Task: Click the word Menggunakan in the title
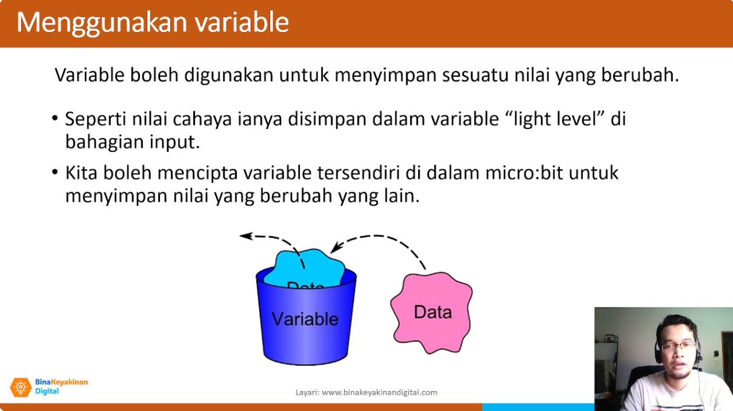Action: [x=102, y=23]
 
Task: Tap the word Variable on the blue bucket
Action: [x=305, y=319]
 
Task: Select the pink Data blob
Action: [x=431, y=313]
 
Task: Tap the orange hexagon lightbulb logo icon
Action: [x=21, y=387]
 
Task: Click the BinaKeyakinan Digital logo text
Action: [x=61, y=386]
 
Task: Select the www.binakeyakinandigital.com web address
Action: [x=380, y=392]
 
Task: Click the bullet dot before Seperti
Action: [x=55, y=117]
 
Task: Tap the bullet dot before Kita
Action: [x=55, y=172]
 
